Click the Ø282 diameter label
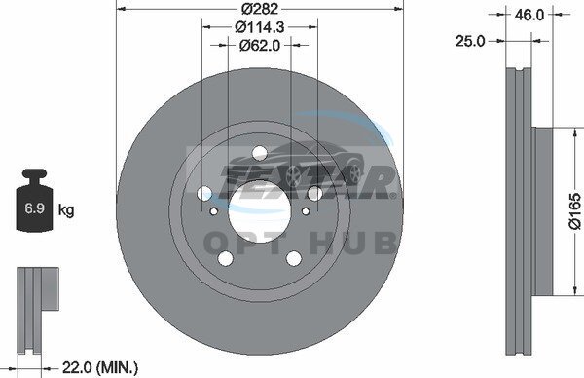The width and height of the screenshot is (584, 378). (x=260, y=8)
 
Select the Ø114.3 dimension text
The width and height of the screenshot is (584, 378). (x=260, y=27)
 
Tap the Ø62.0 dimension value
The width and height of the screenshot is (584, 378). (x=260, y=45)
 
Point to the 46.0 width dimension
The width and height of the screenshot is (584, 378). (x=529, y=15)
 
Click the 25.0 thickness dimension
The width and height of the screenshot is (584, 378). (x=470, y=41)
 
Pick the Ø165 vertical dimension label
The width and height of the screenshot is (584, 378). (x=575, y=210)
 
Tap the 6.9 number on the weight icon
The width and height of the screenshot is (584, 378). (x=35, y=208)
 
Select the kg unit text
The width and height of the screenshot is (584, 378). (x=66, y=210)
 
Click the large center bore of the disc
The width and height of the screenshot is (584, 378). (x=259, y=211)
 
